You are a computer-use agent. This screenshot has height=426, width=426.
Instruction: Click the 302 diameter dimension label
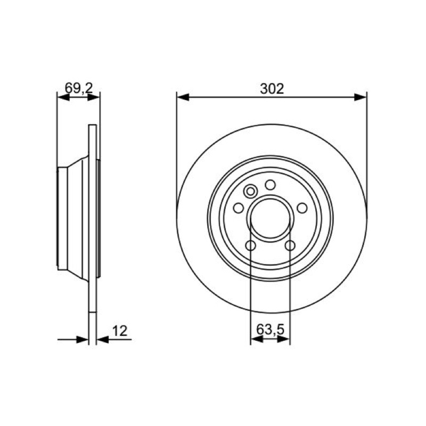tap(272, 88)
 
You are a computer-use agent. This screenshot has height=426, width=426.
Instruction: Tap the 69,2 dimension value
tap(79, 88)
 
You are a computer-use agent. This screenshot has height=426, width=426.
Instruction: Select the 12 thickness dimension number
tap(119, 331)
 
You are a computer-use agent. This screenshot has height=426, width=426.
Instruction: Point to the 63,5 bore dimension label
tap(270, 330)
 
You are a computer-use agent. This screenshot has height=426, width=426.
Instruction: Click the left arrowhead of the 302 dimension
tap(183, 97)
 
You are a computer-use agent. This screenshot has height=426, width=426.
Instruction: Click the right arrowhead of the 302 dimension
tap(361, 97)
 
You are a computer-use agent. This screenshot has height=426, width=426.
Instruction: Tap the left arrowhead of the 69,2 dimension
tap(63, 97)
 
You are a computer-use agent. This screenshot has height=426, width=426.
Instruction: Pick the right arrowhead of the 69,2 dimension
tap(94, 97)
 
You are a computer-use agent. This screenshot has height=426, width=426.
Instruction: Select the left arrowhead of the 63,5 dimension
tap(257, 339)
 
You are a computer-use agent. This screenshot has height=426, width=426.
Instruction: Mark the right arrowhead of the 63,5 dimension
tap(284, 339)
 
